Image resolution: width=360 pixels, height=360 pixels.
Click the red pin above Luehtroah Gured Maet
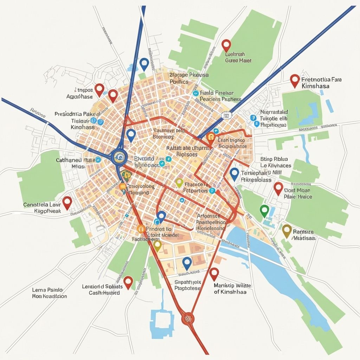(226, 45)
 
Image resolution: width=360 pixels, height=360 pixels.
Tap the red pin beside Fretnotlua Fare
(295, 80)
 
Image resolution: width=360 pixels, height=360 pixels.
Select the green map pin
(264, 211)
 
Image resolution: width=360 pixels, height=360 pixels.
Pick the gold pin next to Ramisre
(287, 230)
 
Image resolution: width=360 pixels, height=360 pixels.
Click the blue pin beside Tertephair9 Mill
(234, 173)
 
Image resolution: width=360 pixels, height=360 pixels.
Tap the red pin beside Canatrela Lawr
(67, 202)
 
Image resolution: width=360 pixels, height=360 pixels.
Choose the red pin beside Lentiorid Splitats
(128, 282)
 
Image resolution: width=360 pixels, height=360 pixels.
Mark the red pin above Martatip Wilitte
(214, 273)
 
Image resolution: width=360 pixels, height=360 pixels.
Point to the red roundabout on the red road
(187, 318)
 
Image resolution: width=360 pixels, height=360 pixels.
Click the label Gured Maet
(238, 60)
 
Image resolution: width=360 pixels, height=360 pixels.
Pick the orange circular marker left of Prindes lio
(141, 229)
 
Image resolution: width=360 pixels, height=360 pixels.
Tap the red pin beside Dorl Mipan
(278, 188)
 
